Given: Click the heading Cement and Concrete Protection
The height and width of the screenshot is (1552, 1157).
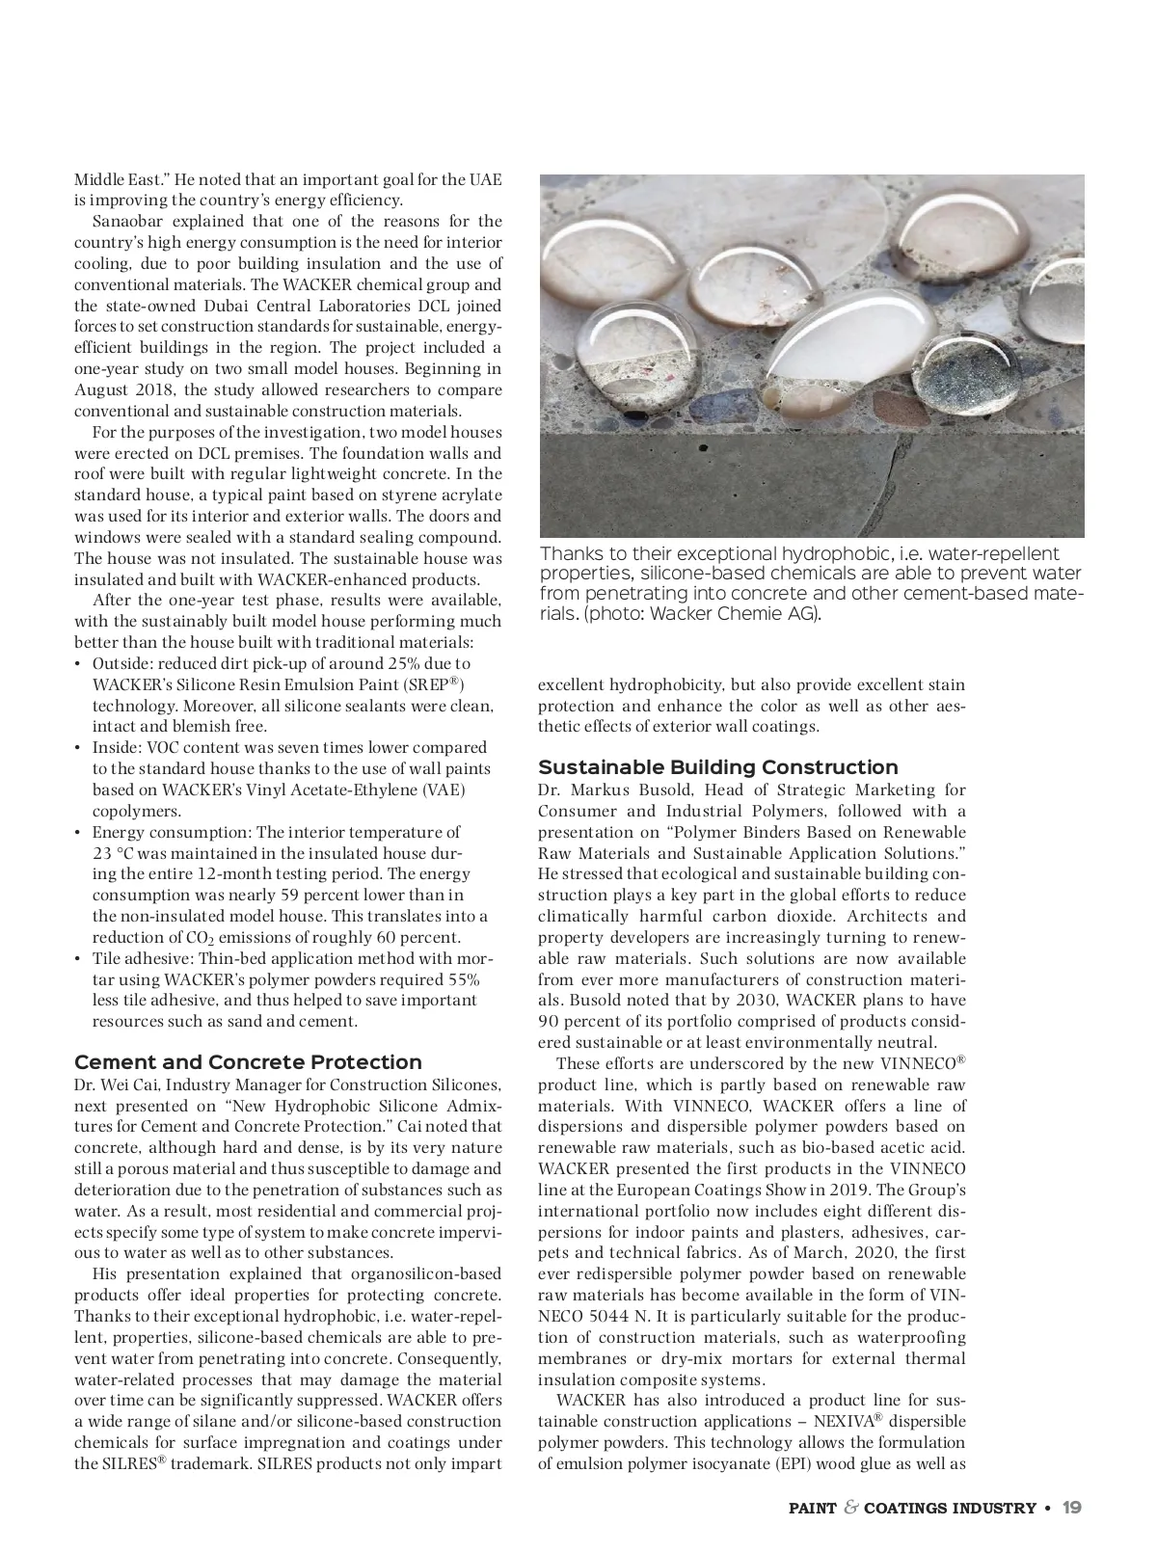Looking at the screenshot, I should pyautogui.click(x=248, y=1062).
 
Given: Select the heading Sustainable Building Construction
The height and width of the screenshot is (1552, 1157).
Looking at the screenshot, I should pyautogui.click(x=717, y=767).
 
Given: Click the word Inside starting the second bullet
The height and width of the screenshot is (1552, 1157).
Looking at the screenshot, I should pyautogui.click(x=116, y=747).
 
